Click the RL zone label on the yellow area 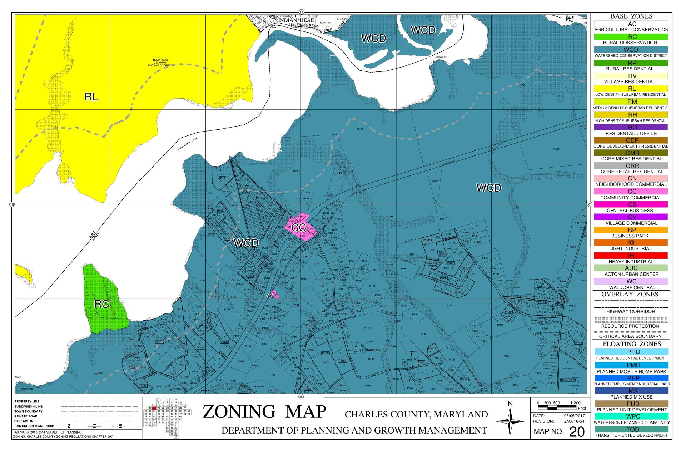tap(91, 97)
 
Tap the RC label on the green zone tap(101, 304)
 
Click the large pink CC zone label tap(299, 227)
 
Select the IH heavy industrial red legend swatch tap(631, 256)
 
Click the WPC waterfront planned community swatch tap(631, 416)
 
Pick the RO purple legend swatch tap(631, 127)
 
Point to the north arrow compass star tap(510, 421)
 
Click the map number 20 tap(577, 432)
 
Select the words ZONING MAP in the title tap(264, 412)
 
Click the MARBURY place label tap(373, 350)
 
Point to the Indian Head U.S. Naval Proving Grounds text tap(160, 63)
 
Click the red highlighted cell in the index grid tap(154, 408)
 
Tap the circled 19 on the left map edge tap(12, 204)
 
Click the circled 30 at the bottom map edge tap(301, 397)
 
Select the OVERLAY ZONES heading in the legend tap(629, 294)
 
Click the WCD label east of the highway tap(488, 188)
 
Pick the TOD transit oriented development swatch tap(631, 429)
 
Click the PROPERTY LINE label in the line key tap(27, 401)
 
